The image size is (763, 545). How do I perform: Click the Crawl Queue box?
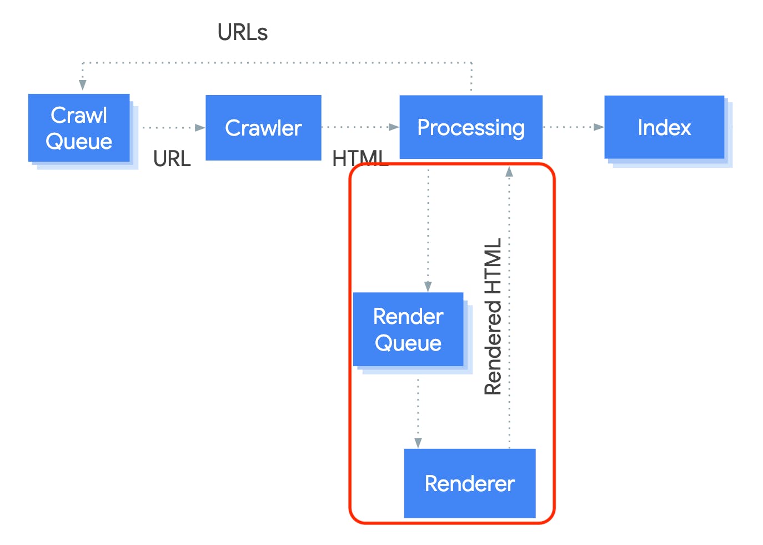[79, 128]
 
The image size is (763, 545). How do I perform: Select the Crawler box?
[263, 127]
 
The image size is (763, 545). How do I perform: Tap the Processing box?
[471, 127]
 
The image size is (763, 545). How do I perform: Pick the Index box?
[664, 127]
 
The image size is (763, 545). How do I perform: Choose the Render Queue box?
[408, 329]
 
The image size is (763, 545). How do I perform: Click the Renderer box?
[470, 483]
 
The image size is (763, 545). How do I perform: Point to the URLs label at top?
[243, 32]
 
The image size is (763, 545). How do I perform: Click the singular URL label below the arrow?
[172, 158]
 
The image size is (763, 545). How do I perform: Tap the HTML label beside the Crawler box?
[360, 158]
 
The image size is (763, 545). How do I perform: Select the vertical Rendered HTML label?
[493, 316]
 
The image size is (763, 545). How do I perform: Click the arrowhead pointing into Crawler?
[200, 128]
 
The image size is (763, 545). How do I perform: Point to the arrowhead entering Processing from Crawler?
[394, 127]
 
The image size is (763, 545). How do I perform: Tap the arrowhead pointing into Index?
[599, 127]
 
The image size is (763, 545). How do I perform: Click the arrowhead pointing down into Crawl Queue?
[82, 85]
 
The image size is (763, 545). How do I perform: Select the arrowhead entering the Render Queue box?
[428, 287]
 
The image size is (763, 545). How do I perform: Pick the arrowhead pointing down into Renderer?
[418, 443]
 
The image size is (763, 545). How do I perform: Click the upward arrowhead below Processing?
[509, 172]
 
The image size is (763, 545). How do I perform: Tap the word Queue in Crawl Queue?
[79, 142]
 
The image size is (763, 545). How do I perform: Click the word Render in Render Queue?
[408, 316]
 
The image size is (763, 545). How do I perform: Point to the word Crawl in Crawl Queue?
[79, 115]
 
